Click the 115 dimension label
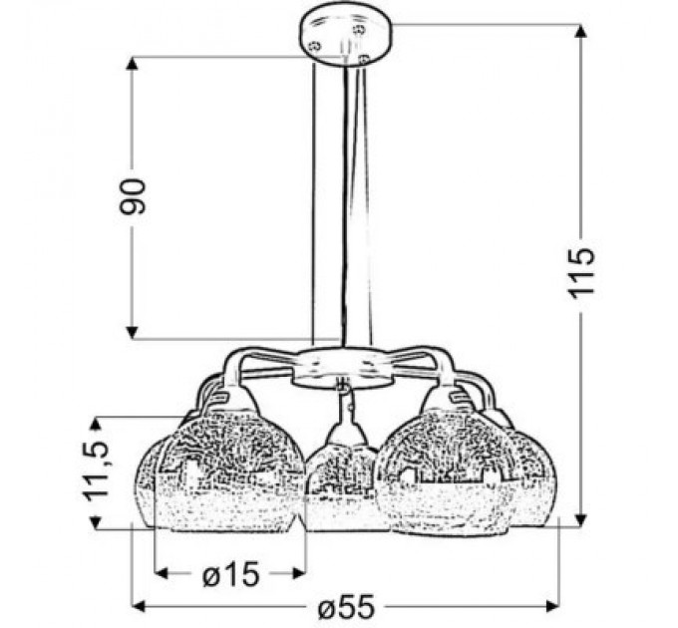coord(583,269)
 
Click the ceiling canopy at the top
coord(344,36)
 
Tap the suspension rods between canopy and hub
coord(339,199)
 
